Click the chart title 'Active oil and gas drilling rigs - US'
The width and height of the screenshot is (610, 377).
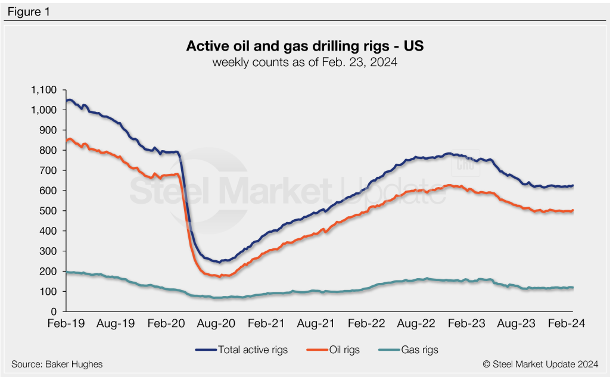point(304,46)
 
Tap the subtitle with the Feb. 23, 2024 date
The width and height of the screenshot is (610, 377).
point(304,62)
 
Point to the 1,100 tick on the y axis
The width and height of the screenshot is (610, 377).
point(43,90)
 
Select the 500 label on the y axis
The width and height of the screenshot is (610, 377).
point(48,211)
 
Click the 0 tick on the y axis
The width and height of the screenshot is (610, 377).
point(53,311)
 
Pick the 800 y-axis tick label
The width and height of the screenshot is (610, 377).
point(48,151)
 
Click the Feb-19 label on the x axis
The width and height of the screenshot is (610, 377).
point(66,325)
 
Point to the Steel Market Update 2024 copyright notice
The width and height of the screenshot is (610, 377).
point(540,364)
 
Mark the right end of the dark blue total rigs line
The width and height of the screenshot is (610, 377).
point(572,185)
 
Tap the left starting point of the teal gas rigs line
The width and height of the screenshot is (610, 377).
point(66,272)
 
